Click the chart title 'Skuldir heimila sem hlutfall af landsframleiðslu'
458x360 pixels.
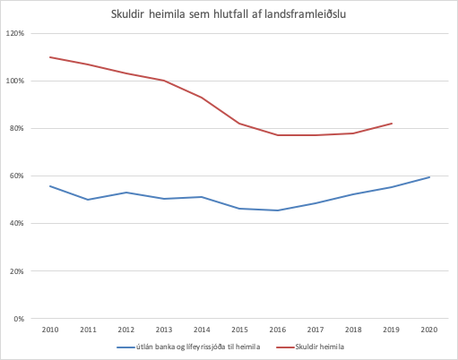[x=229, y=13]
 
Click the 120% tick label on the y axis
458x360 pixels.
[x=14, y=33]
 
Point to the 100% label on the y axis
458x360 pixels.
[x=14, y=81]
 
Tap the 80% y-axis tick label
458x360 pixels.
[x=16, y=128]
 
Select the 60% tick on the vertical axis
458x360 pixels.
[x=16, y=176]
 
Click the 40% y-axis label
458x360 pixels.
[x=16, y=223]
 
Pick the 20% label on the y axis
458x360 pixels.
[x=16, y=270]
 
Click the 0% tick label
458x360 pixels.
[x=18, y=318]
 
